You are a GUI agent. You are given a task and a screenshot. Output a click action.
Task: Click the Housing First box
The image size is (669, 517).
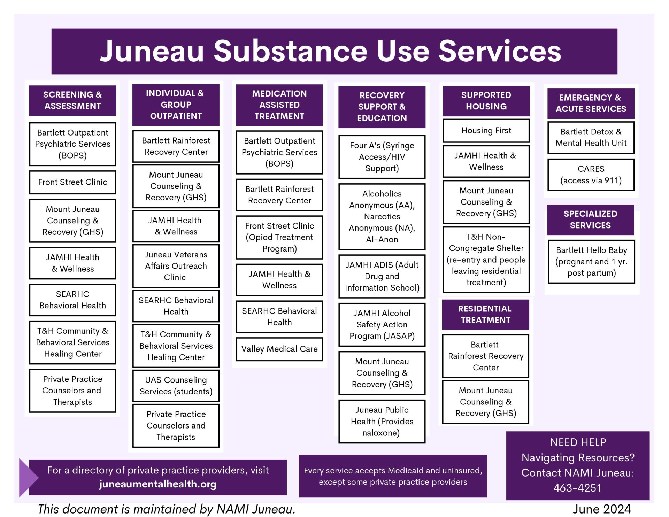point(486,131)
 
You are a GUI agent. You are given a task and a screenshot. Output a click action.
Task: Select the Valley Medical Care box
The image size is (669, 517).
point(279,349)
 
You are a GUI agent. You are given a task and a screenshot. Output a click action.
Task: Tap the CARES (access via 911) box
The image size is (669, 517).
point(591,175)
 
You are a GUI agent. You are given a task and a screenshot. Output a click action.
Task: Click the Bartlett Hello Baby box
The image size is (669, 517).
point(591,261)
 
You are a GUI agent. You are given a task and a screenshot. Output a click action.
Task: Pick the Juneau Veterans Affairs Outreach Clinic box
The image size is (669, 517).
point(176,266)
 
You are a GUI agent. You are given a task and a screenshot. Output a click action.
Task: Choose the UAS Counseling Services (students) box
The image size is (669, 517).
point(176,386)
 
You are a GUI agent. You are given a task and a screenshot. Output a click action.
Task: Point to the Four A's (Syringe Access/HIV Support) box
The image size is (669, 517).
point(382,157)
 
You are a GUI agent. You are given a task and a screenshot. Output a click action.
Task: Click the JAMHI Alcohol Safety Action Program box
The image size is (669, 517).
point(382,324)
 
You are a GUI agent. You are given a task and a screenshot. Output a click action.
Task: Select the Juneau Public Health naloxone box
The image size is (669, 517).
point(382,421)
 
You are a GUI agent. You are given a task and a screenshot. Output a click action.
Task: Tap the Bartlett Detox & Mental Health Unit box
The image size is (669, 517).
point(591,137)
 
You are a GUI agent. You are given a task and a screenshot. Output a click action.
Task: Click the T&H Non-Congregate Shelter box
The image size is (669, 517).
point(486,260)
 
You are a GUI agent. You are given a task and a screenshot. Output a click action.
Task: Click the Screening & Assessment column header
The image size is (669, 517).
point(72,100)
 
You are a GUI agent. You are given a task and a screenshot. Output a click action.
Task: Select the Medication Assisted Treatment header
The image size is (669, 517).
point(279,105)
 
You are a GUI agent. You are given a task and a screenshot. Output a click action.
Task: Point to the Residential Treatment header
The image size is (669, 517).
point(485,314)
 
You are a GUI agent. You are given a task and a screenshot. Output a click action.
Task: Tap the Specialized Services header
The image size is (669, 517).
point(590,219)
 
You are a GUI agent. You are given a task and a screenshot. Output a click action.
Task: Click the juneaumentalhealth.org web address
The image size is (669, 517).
point(157,484)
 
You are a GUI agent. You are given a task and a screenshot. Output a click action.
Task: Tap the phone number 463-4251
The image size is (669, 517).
point(577,488)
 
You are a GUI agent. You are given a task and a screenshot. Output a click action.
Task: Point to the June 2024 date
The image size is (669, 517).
point(602,509)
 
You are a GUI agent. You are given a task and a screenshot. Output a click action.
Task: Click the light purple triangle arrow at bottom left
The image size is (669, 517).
point(28,477)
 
